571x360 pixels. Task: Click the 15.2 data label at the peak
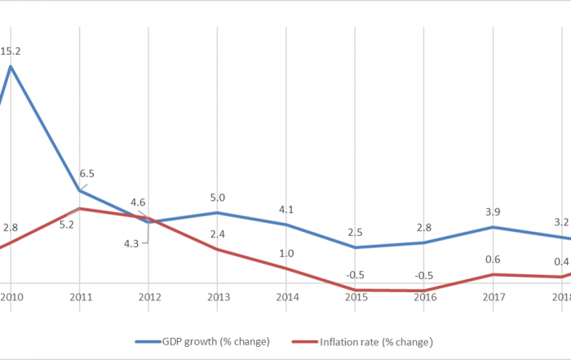11,51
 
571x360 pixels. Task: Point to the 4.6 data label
137,202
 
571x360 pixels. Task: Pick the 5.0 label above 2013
218,197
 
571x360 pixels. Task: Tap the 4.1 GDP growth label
286,209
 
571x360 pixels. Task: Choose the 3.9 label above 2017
494,211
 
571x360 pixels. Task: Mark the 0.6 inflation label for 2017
494,260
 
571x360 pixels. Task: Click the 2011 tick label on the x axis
79,297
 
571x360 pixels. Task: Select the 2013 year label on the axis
218,297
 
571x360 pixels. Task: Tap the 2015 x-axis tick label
356,297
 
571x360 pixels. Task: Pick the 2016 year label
425,297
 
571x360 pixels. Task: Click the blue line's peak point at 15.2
11,66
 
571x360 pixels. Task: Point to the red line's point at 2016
425,291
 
